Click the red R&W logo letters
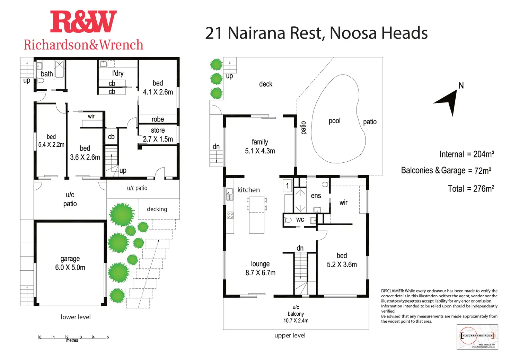(x=83, y=22)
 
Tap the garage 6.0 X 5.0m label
(x=70, y=263)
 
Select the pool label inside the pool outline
(x=334, y=121)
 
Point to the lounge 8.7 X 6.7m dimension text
(x=260, y=268)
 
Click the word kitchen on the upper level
(x=248, y=190)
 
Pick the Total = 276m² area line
(x=471, y=189)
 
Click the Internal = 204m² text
(x=466, y=154)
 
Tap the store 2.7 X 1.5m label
(x=158, y=135)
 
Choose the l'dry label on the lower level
(x=118, y=73)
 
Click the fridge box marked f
(x=287, y=186)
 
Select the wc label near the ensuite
(x=300, y=219)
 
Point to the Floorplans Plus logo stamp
(x=477, y=336)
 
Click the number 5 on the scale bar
(x=108, y=337)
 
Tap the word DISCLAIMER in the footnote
(x=392, y=291)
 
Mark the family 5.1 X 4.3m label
(x=260, y=146)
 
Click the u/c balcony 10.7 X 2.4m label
(x=296, y=314)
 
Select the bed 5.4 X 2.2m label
(x=51, y=141)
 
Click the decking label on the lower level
(x=157, y=209)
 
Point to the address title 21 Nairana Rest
(x=265, y=33)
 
